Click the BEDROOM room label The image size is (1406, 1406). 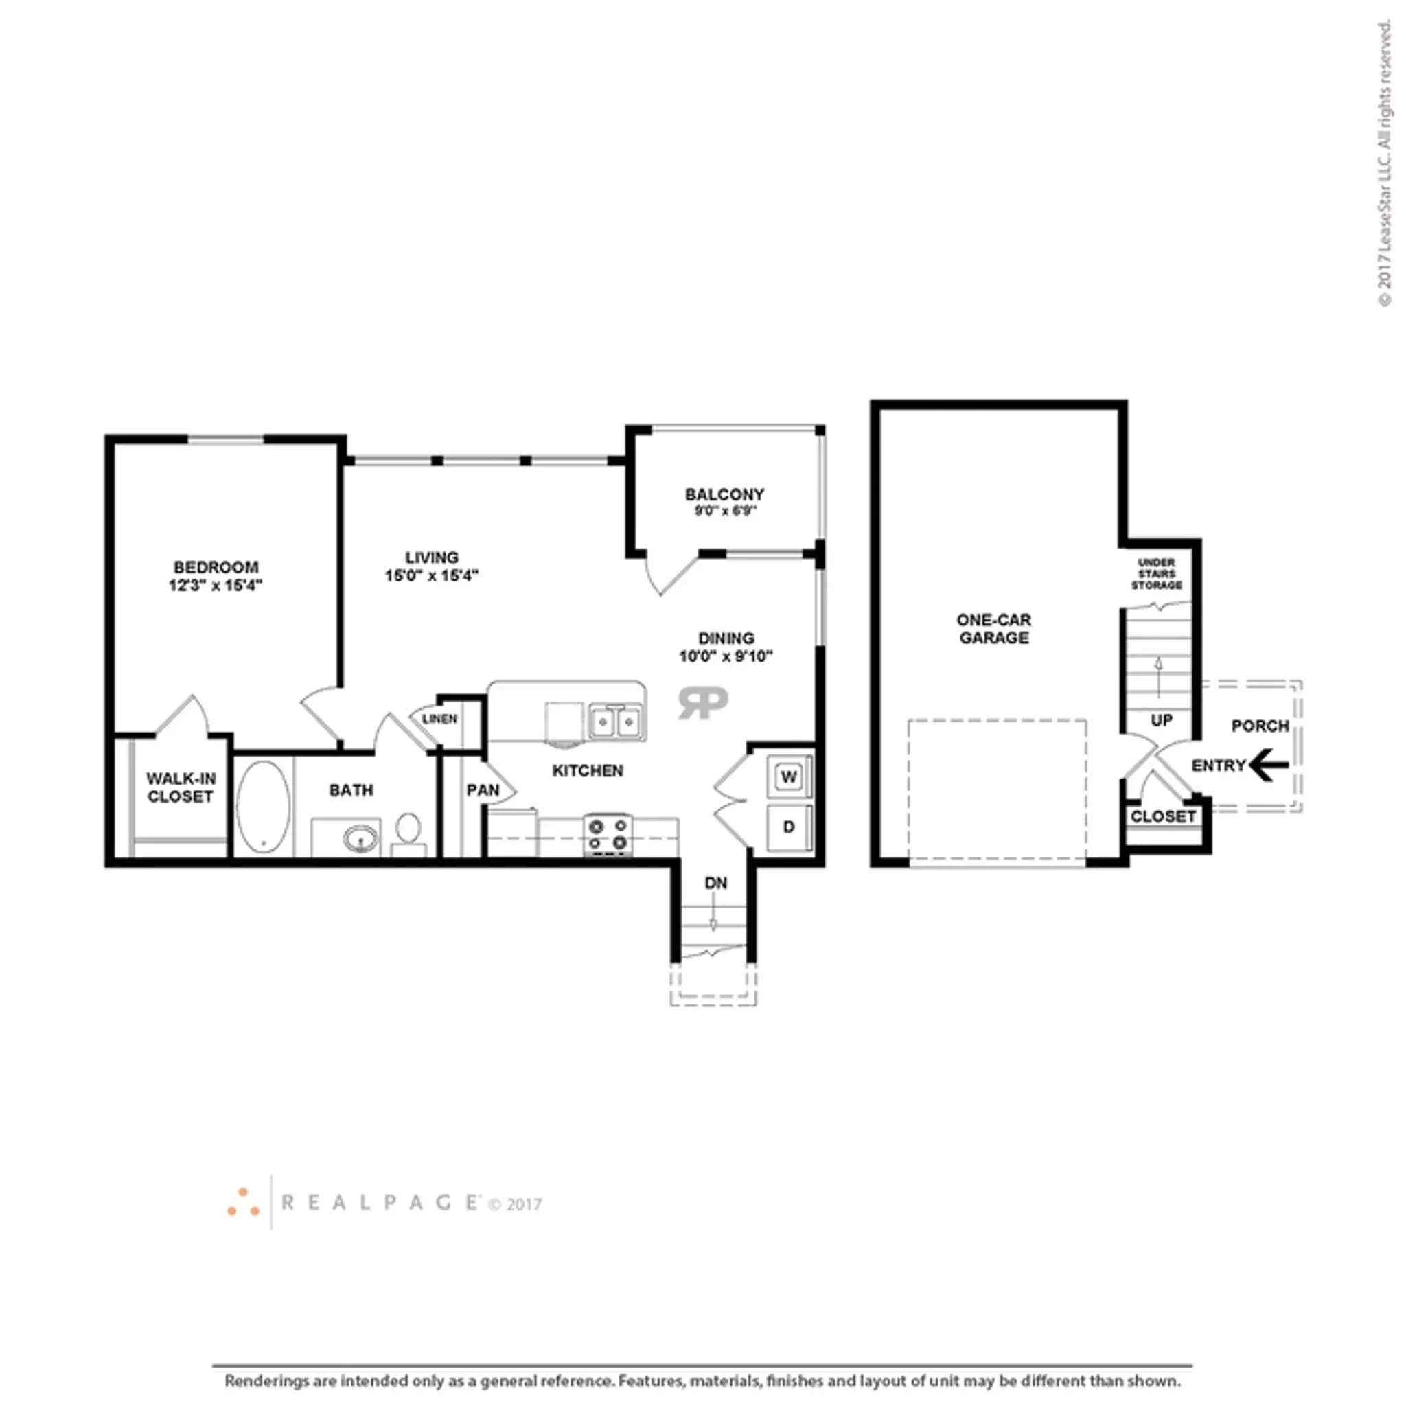216,567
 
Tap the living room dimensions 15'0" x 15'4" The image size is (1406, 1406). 432,575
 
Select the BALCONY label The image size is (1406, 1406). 725,494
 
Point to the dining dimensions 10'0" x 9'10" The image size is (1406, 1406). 726,656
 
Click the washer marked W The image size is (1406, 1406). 789,776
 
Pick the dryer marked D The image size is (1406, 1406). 789,827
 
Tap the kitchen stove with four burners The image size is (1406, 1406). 608,834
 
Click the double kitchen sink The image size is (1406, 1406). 616,722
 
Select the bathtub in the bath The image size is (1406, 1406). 264,807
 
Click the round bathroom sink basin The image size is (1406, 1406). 360,839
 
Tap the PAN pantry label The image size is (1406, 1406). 483,790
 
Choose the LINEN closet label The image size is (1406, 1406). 439,718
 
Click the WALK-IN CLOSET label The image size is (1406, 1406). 181,787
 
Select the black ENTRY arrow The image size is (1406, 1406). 1268,765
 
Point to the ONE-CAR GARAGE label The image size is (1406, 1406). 993,629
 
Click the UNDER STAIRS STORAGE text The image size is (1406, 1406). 1156,573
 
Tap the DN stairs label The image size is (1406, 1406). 715,883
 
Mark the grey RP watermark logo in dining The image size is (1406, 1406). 702,702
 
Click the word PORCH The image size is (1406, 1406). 1260,726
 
